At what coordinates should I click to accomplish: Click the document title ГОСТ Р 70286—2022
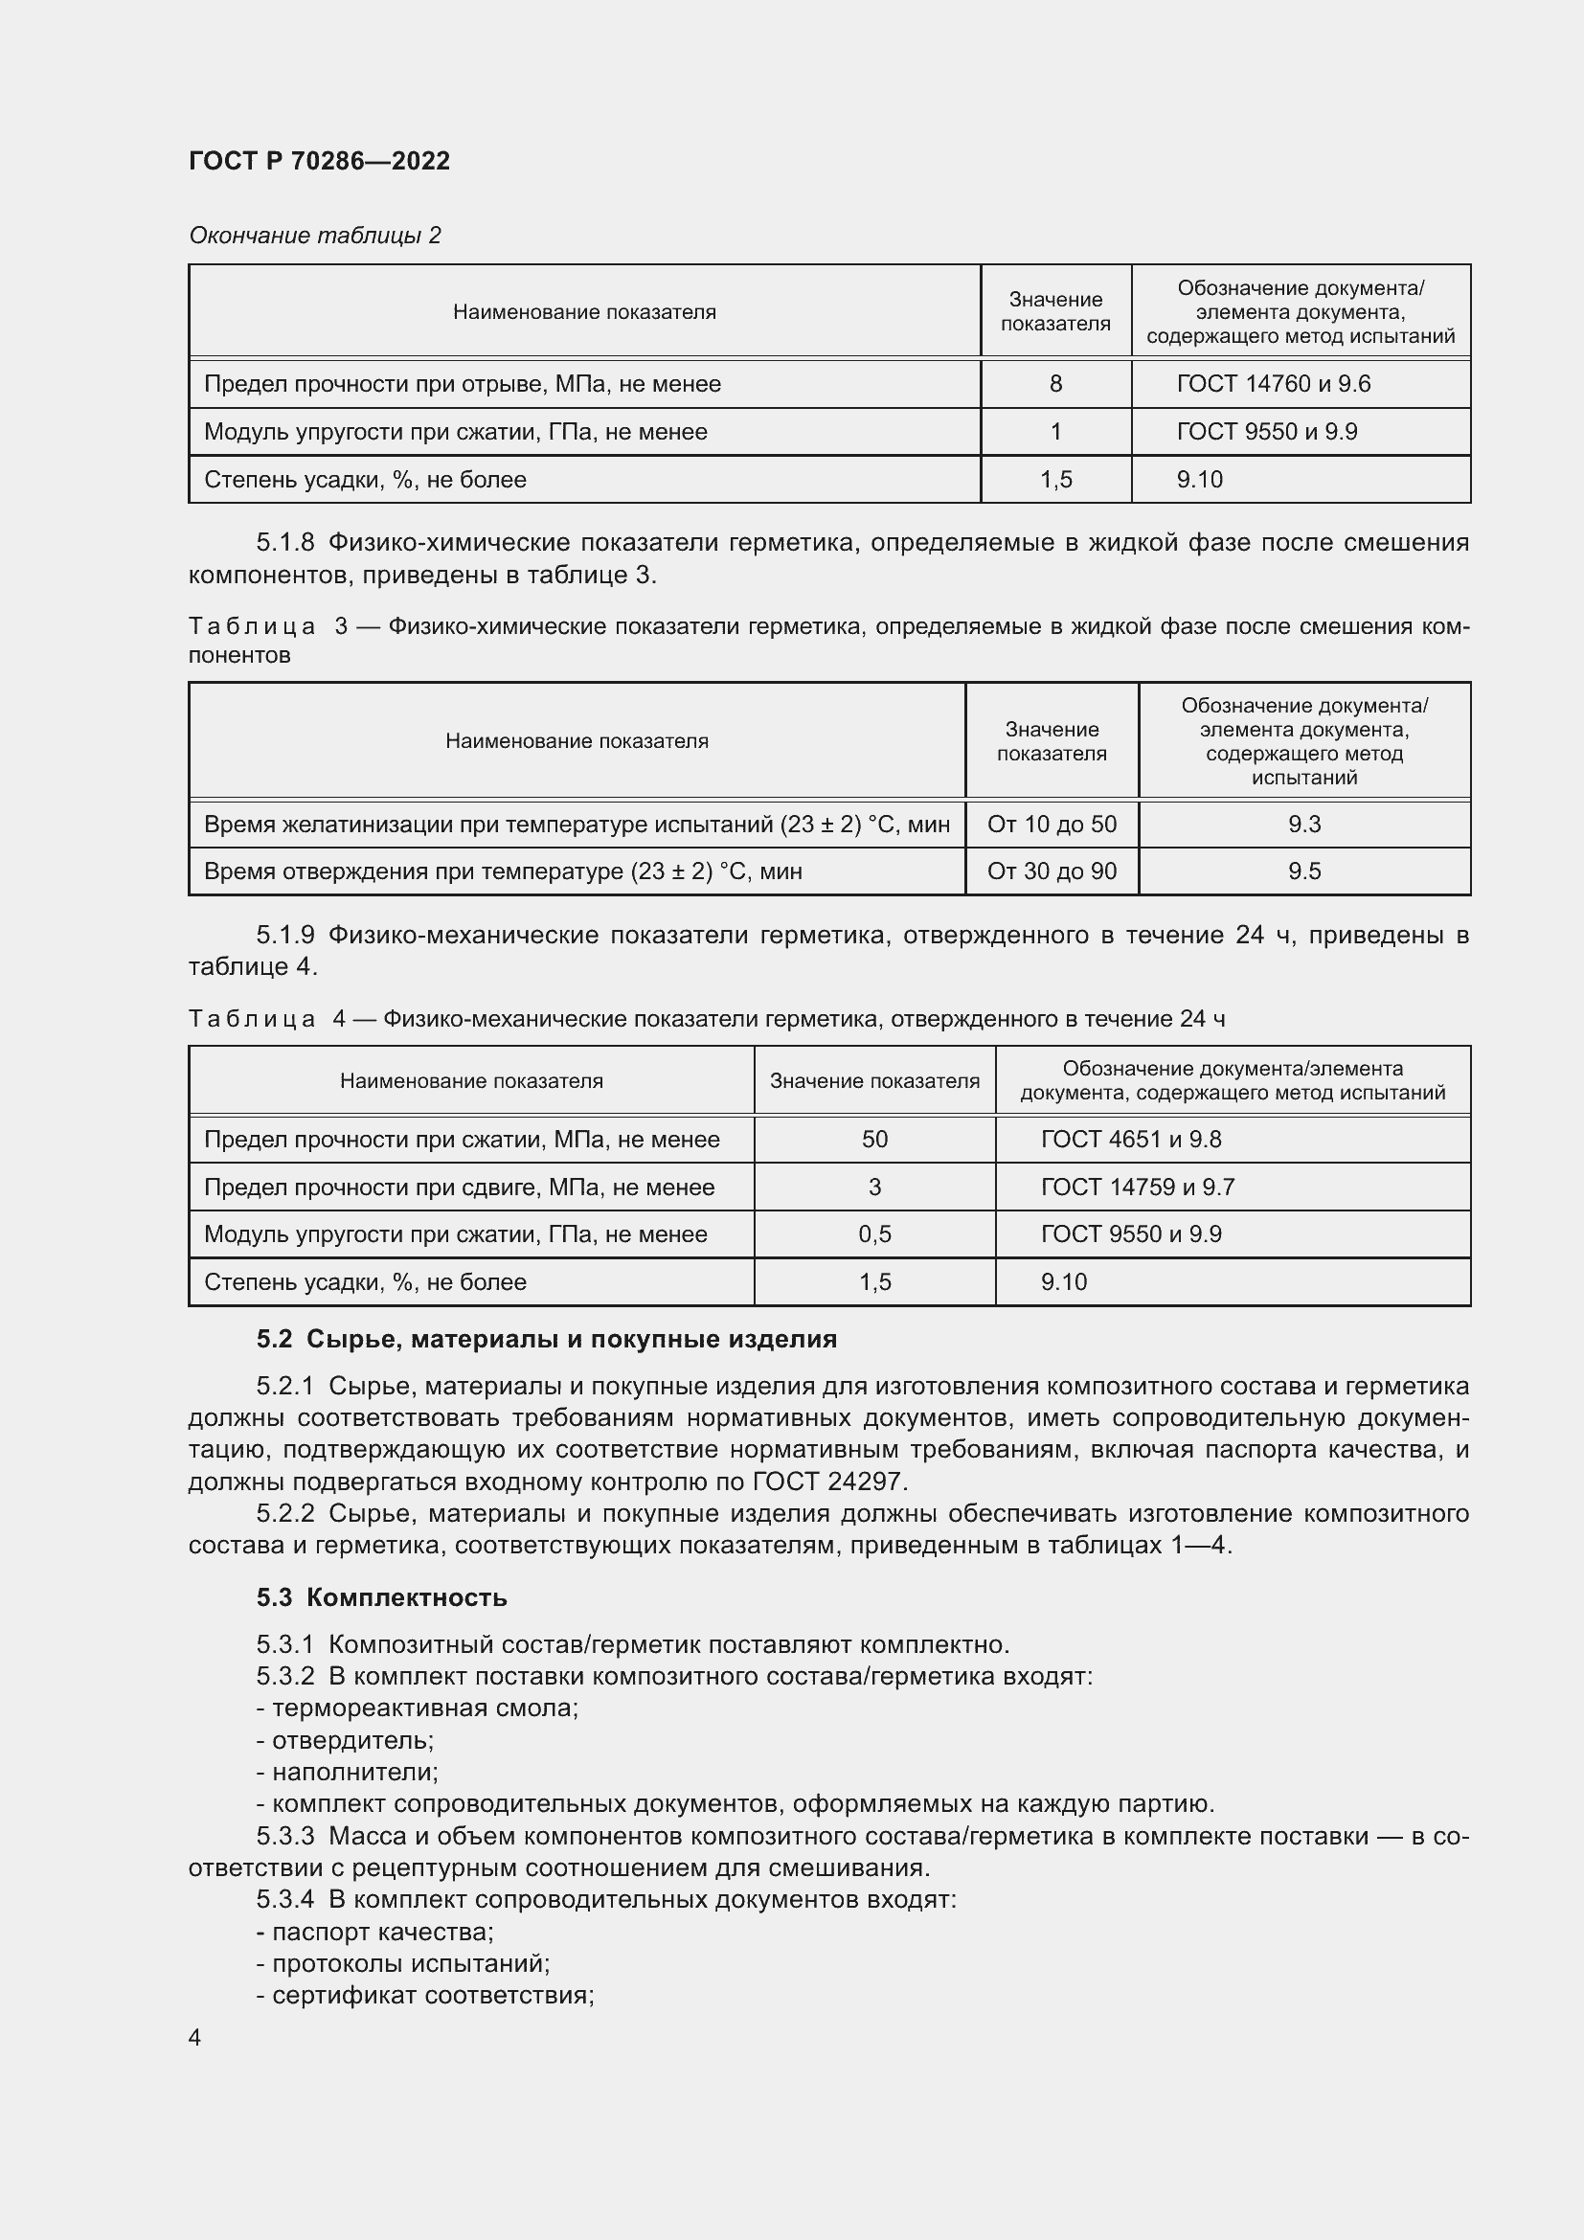tap(319, 161)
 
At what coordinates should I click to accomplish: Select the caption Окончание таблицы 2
tap(314, 236)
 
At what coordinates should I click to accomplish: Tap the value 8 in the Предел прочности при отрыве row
tap(1055, 384)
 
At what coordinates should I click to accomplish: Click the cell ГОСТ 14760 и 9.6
tap(1273, 384)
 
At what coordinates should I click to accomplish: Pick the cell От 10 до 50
tap(1052, 825)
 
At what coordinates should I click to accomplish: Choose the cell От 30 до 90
tap(1052, 871)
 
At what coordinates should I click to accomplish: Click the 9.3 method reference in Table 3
tap(1304, 825)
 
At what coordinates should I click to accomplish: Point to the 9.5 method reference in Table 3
tap(1304, 871)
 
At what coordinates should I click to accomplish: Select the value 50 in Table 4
tap(874, 1140)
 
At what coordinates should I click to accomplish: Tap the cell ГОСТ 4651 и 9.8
tap(1130, 1140)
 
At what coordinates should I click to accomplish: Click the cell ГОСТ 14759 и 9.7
tap(1138, 1188)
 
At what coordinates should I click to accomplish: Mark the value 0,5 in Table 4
tap(874, 1234)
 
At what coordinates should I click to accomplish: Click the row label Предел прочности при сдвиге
tap(459, 1188)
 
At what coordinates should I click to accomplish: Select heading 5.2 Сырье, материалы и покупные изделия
tap(546, 1340)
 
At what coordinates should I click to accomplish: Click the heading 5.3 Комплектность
tap(381, 1598)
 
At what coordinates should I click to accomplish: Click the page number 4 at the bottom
tap(194, 2037)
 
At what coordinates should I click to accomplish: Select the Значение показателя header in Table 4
tap(874, 1081)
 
